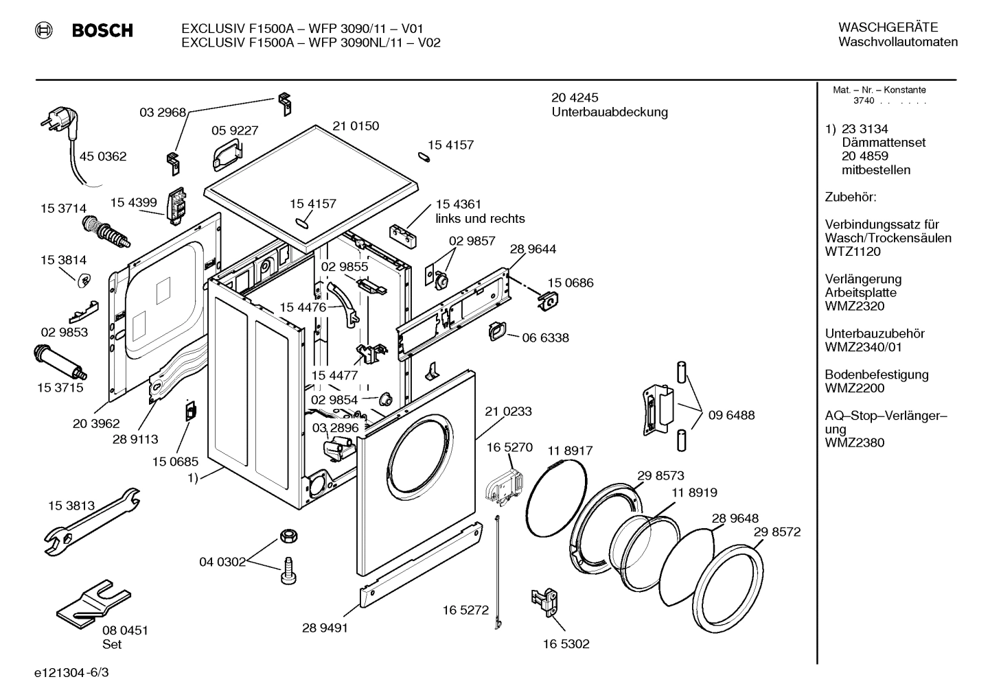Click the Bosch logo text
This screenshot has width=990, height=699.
click(x=102, y=31)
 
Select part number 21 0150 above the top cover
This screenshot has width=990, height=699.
click(x=356, y=126)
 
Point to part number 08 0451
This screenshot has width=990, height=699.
click(x=125, y=630)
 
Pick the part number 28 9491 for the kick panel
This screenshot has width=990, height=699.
click(x=325, y=628)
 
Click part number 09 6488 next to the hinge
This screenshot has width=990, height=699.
click(x=732, y=415)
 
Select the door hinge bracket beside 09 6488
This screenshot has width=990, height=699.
click(x=657, y=410)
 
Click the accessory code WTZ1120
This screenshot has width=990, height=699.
click(x=853, y=252)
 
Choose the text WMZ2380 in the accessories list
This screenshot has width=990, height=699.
click(x=854, y=442)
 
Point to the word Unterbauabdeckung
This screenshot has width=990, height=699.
click(x=610, y=112)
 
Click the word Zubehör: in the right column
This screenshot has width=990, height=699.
click(x=851, y=198)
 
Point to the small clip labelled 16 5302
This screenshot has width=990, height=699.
click(x=544, y=602)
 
